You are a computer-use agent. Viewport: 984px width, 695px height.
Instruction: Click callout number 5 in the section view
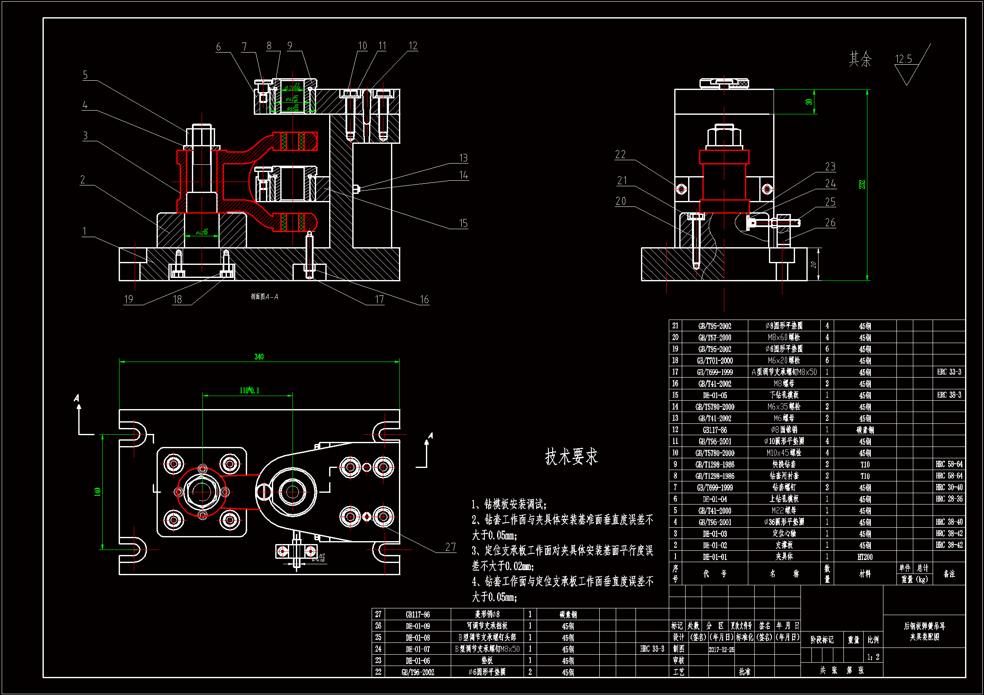pos(85,75)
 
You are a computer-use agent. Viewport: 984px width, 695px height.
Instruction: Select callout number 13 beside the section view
pos(463,158)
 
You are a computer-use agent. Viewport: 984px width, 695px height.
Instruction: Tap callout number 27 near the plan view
pos(450,547)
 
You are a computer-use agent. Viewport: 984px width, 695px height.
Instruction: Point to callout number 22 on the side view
pos(620,155)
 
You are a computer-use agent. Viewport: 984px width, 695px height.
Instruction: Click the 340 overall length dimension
pos(259,357)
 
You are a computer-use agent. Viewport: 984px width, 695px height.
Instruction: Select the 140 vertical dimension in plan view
pos(97,492)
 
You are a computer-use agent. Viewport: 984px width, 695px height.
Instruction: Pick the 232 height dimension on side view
pos(862,185)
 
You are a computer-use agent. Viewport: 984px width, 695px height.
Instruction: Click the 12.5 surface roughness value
pos(904,59)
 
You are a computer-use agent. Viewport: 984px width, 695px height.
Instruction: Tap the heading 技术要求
pos(571,457)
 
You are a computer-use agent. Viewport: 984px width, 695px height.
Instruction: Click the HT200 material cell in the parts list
pos(865,557)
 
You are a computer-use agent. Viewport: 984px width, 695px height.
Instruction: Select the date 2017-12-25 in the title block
pos(721,649)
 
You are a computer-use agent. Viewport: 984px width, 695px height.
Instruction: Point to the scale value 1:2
pos(873,657)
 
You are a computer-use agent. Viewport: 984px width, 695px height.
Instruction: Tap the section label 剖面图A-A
pos(264,296)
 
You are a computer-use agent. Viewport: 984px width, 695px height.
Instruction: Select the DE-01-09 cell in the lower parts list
pos(418,626)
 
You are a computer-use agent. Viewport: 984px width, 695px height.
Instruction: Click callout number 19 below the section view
pos(128,299)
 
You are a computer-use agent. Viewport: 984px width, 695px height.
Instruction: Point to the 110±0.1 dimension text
pos(249,390)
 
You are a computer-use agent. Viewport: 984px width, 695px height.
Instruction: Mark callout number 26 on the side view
pos(830,223)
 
